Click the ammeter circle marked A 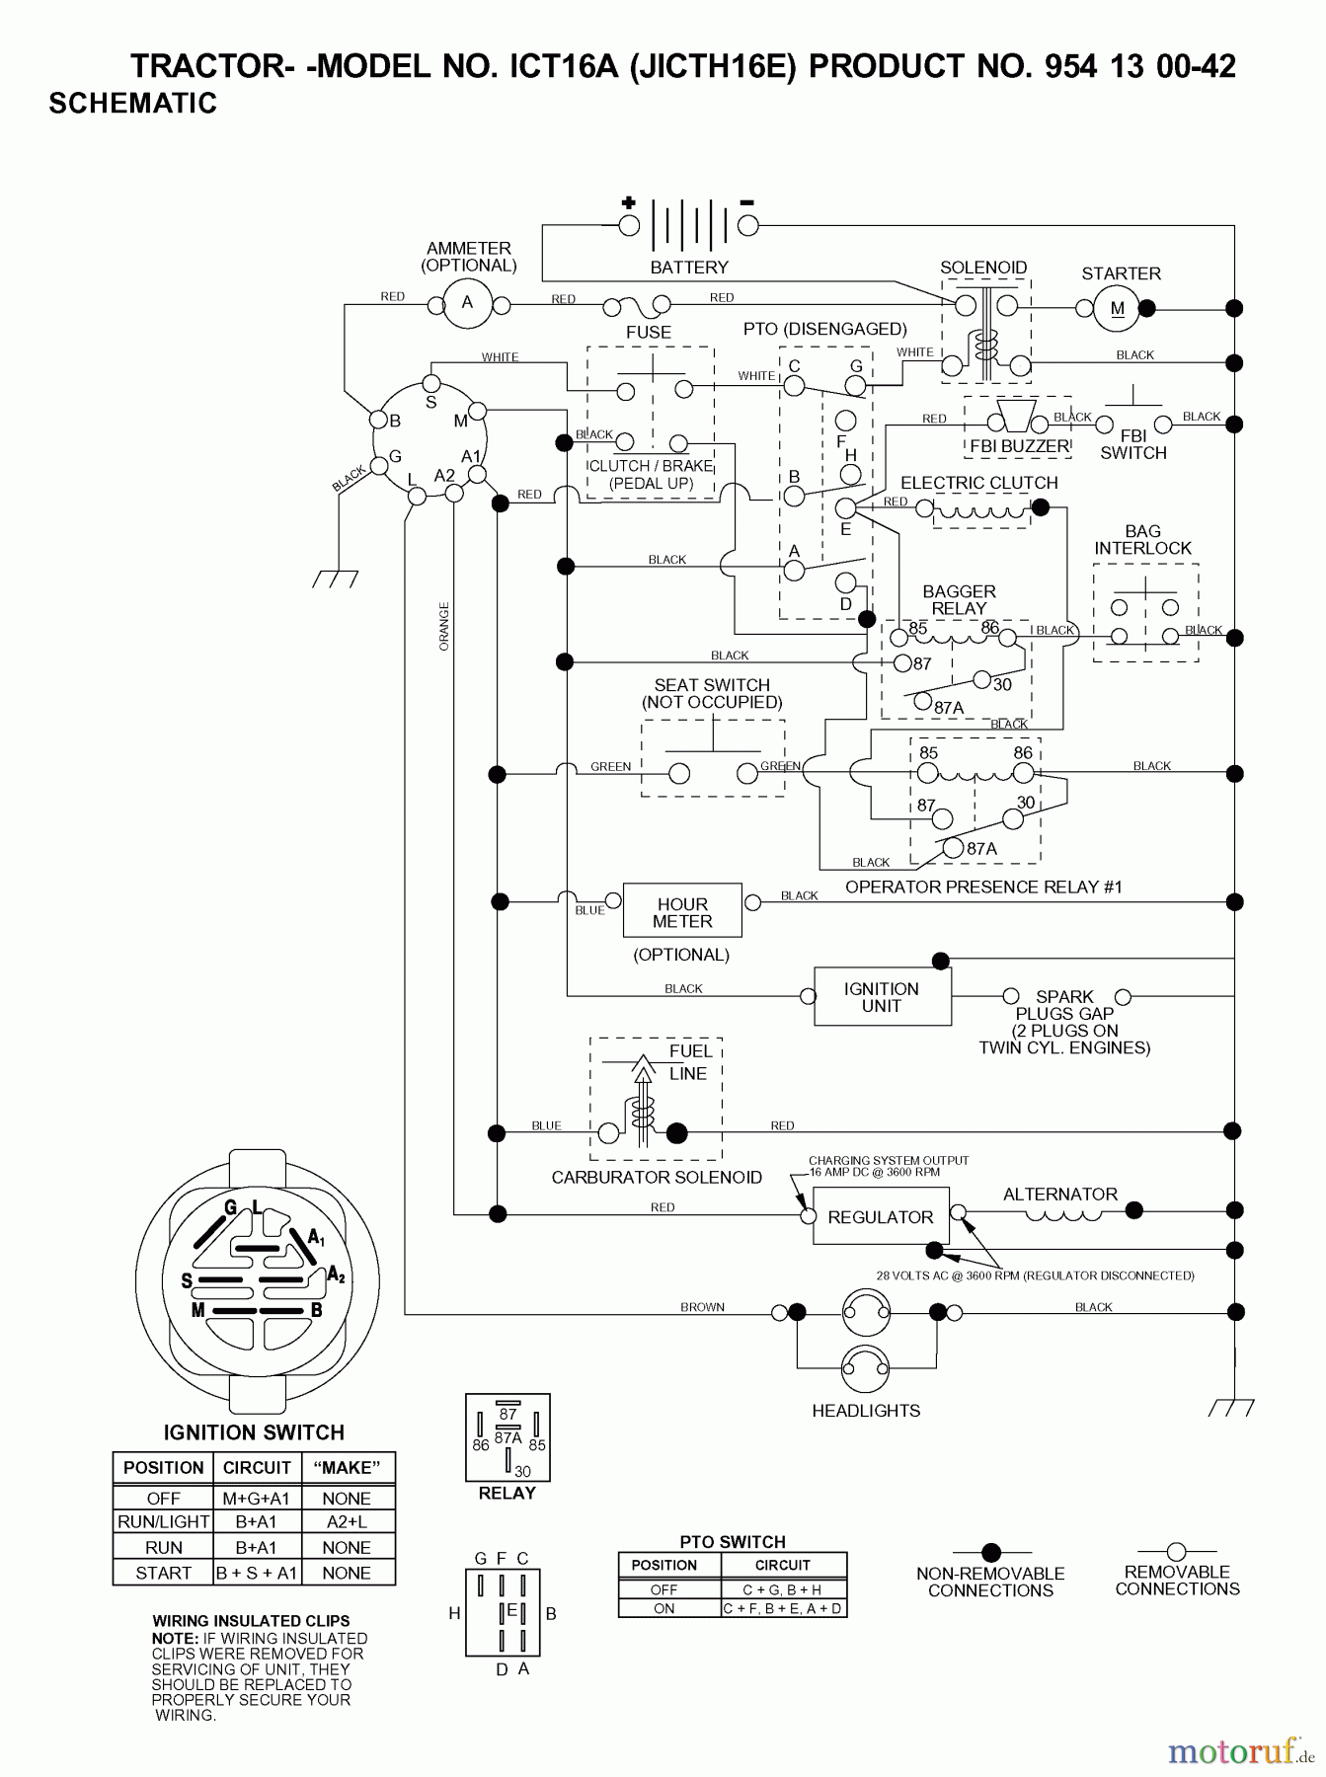click(x=467, y=303)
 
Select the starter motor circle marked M click(x=1117, y=308)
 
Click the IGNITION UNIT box click(x=882, y=997)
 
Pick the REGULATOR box click(x=880, y=1217)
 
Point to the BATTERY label click(x=689, y=268)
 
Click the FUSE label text click(x=648, y=333)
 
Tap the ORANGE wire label click(x=444, y=626)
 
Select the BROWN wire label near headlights click(x=702, y=1307)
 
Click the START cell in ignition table click(x=164, y=1573)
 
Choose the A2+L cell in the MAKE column click(x=347, y=1522)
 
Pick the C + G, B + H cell click(x=782, y=1589)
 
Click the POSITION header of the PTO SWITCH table click(x=664, y=1565)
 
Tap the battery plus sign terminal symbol click(x=628, y=203)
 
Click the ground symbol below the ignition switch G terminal click(x=336, y=579)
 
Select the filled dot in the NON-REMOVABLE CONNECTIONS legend click(x=990, y=1552)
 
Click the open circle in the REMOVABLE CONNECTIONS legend click(x=1176, y=1551)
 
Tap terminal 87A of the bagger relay click(x=922, y=702)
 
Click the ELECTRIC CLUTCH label click(x=978, y=483)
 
